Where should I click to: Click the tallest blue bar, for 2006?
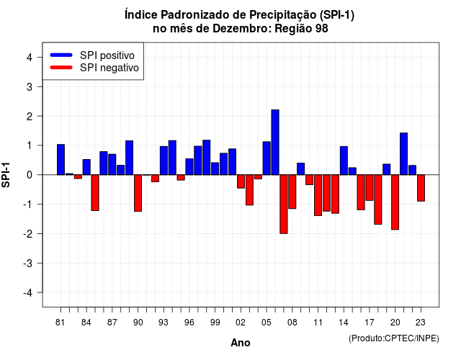[275, 143]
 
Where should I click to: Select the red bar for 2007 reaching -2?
[284, 204]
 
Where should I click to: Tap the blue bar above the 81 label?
[61, 160]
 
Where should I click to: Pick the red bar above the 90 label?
[138, 193]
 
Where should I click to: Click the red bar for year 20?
[395, 202]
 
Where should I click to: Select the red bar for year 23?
[421, 188]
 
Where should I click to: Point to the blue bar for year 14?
[344, 161]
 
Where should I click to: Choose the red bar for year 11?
[318, 195]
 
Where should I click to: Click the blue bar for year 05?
[267, 158]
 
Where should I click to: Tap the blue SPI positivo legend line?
[61, 55]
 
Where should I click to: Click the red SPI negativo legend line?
[61, 67]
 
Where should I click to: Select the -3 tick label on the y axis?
[27, 264]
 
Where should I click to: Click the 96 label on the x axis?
[189, 323]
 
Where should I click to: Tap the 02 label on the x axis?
[241, 323]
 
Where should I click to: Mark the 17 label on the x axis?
[370, 323]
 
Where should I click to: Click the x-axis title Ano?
[241, 343]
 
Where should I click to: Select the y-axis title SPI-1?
[6, 175]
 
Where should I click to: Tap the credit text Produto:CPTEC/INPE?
[394, 338]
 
